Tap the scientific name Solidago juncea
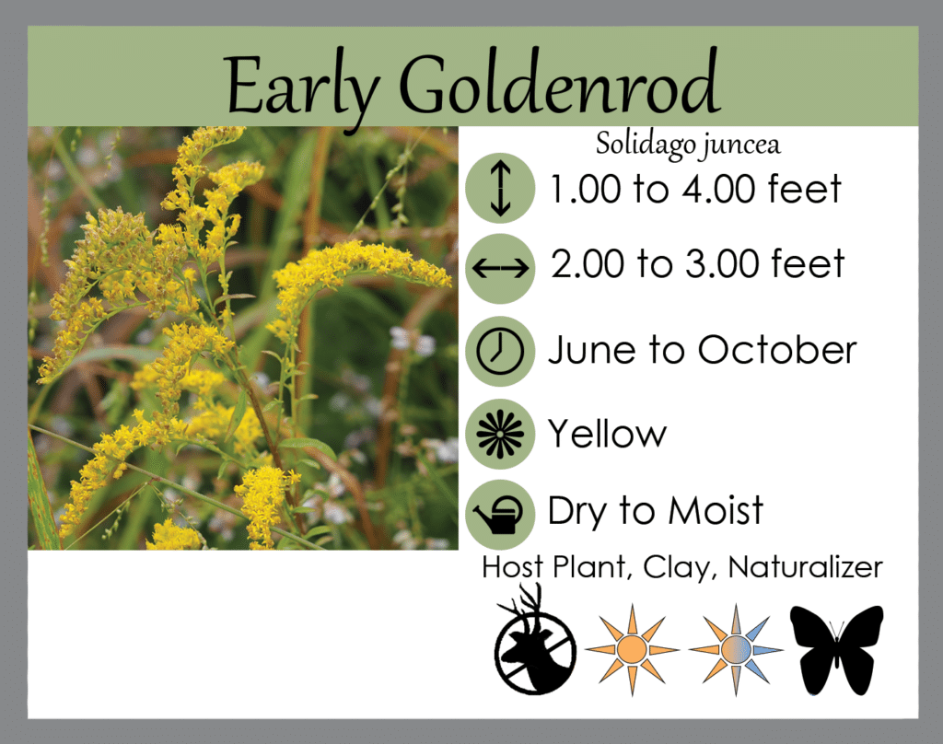[x=688, y=145]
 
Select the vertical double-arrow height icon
[x=499, y=187]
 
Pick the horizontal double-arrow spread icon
[x=499, y=268]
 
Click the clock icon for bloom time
[x=499, y=351]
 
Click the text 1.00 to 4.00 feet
[x=695, y=190]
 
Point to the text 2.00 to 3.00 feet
[x=697, y=265]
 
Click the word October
[x=776, y=350]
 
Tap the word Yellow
[x=607, y=433]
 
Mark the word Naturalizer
[x=805, y=568]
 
